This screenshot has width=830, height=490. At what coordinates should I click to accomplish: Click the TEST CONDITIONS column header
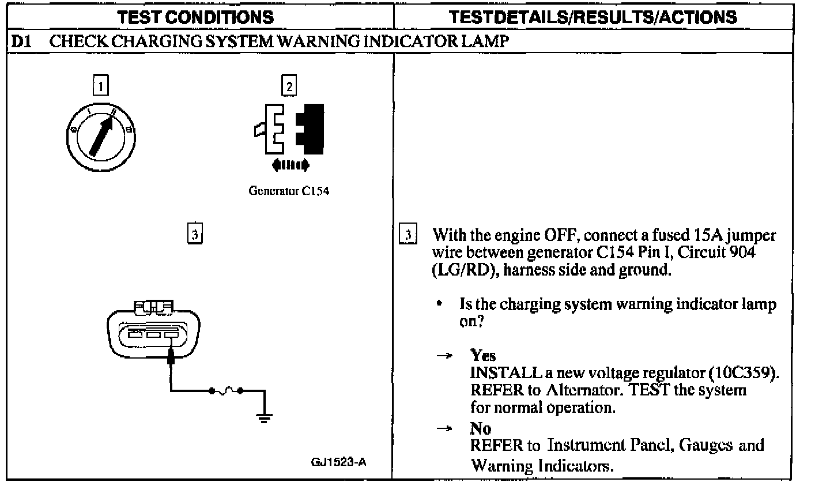(196, 17)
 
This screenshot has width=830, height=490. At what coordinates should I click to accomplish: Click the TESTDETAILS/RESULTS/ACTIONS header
(593, 17)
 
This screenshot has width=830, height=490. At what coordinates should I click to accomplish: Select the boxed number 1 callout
(101, 86)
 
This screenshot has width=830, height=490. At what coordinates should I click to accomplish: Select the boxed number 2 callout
(289, 86)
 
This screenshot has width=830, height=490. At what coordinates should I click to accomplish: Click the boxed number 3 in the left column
(195, 234)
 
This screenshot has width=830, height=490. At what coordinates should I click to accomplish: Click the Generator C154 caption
(289, 191)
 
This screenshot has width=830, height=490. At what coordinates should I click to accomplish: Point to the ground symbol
(264, 417)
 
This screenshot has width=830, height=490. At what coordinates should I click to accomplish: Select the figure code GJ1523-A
(338, 462)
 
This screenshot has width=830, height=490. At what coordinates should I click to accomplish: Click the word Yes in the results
(483, 355)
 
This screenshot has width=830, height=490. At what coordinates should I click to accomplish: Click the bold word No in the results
(481, 428)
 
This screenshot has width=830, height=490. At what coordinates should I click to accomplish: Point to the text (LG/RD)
(465, 270)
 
